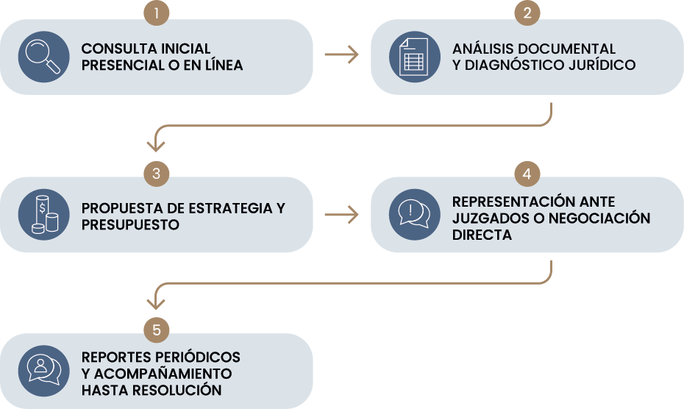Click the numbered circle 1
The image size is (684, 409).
pyautogui.click(x=157, y=13)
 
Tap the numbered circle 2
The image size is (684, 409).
pyautogui.click(x=527, y=13)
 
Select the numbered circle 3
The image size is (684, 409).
pyautogui.click(x=157, y=174)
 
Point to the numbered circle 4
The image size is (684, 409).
pyautogui.click(x=527, y=174)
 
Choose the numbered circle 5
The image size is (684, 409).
pyautogui.click(x=157, y=330)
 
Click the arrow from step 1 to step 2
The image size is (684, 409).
pyautogui.click(x=341, y=55)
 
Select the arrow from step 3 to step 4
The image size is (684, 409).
pyautogui.click(x=341, y=214)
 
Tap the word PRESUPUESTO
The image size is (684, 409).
pyautogui.click(x=130, y=224)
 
